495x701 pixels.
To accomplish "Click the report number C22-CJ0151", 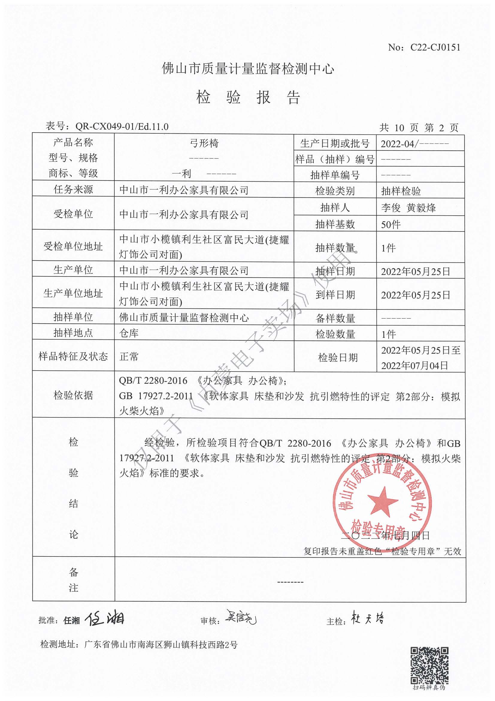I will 435,47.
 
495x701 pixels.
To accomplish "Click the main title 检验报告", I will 248,97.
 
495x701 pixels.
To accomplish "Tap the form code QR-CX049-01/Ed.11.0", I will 122,127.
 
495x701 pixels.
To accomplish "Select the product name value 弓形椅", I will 204,143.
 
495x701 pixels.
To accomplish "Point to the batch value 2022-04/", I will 398,144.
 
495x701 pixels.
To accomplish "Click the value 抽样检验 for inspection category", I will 401,191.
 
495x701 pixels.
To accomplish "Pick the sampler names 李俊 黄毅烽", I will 408,208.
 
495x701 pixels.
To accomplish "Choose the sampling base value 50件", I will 390,225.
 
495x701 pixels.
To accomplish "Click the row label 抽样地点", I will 73,333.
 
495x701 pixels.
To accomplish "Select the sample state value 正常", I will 129,356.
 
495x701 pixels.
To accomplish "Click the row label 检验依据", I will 73,395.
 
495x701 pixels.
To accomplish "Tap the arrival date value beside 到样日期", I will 415,295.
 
